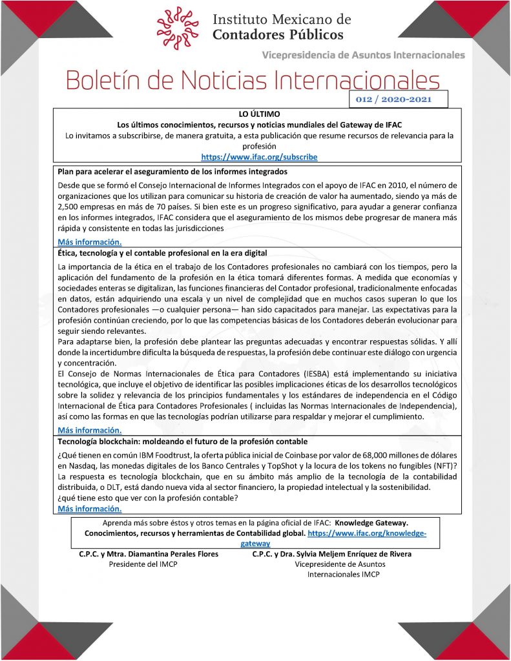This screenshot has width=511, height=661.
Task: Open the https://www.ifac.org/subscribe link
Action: pyautogui.click(x=259, y=157)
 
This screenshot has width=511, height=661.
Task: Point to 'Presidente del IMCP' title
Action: pyautogui.click(x=143, y=564)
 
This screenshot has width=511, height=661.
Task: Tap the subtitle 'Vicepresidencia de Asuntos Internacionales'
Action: pyautogui.click(x=363, y=55)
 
